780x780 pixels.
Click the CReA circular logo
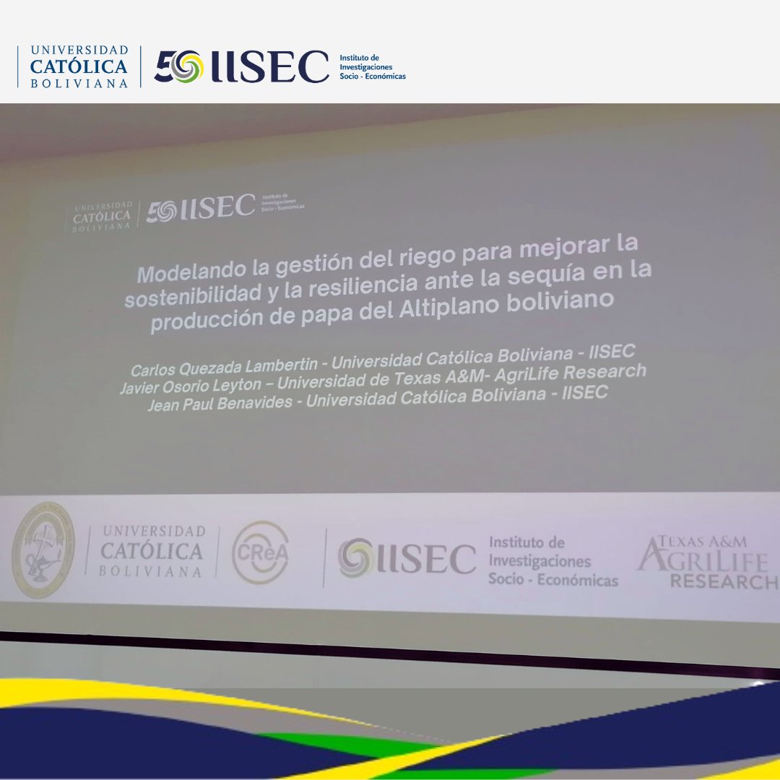click(260, 552)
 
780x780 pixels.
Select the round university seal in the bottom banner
click(43, 550)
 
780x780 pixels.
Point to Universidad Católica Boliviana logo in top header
click(79, 66)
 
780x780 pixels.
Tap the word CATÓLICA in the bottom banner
click(152, 552)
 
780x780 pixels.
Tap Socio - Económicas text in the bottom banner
click(553, 580)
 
